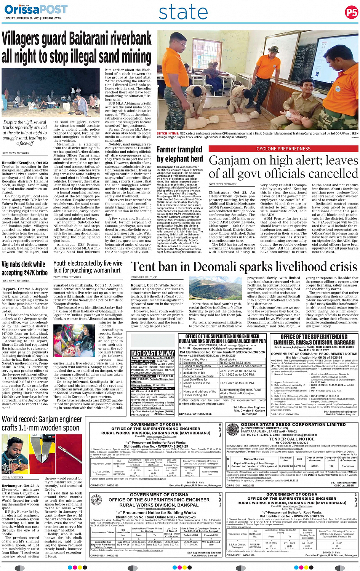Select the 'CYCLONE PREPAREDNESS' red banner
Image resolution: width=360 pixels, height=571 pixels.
(x=283, y=149)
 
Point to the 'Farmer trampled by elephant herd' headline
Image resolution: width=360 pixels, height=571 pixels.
(x=180, y=154)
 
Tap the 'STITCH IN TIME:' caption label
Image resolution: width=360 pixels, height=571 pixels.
(x=167, y=134)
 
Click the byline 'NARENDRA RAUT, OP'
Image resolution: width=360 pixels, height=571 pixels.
(x=144, y=277)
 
